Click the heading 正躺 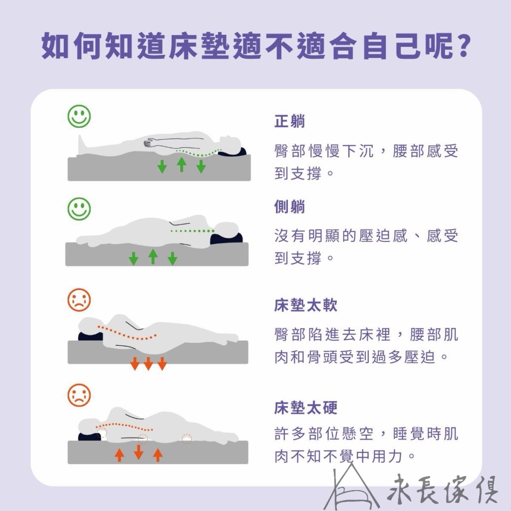click(x=289, y=121)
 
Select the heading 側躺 click(x=289, y=207)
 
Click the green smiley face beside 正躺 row click(x=79, y=116)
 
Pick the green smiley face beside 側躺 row click(x=79, y=208)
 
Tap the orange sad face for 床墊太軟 click(x=79, y=300)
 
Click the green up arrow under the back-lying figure click(x=182, y=164)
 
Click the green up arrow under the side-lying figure click(x=153, y=256)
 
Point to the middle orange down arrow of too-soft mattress click(x=148, y=363)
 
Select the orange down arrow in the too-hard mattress click(x=139, y=452)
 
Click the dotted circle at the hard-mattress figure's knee click(x=187, y=439)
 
